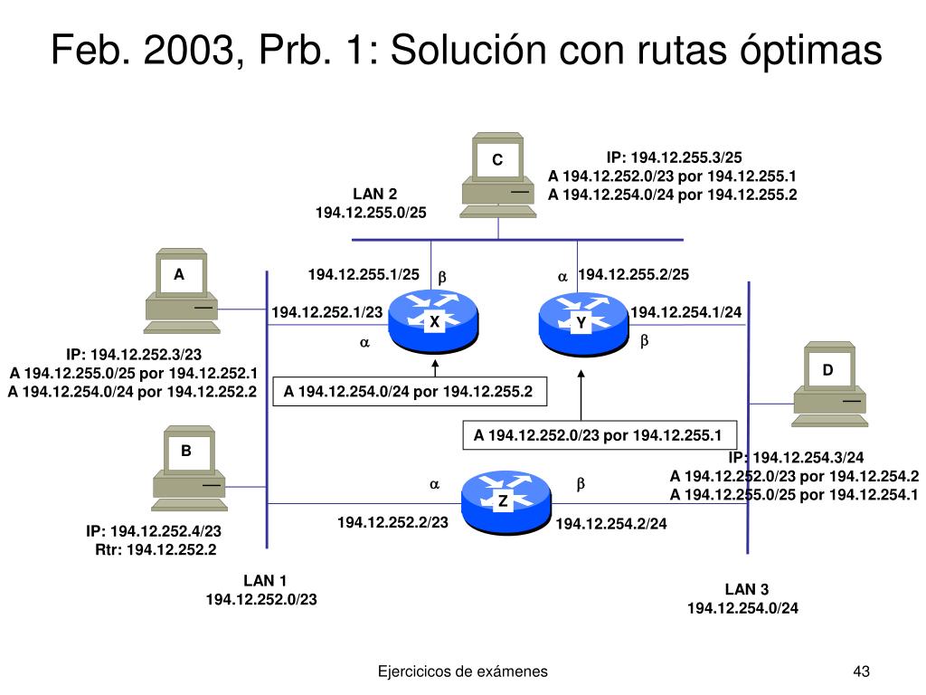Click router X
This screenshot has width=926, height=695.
433,323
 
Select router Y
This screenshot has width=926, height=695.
581,323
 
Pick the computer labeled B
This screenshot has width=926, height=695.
187,466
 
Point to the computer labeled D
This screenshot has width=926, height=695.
828,385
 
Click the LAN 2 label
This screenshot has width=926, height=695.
374,195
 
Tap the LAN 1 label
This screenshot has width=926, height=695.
265,581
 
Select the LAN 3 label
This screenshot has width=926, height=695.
746,590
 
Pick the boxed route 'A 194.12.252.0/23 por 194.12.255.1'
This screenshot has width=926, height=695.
599,435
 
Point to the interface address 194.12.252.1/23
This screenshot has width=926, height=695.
326,312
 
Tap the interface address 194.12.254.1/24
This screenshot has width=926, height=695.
685,312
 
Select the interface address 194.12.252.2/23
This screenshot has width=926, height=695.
392,522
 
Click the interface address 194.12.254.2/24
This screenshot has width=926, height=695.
610,523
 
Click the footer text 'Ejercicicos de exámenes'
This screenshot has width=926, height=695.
462,671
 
